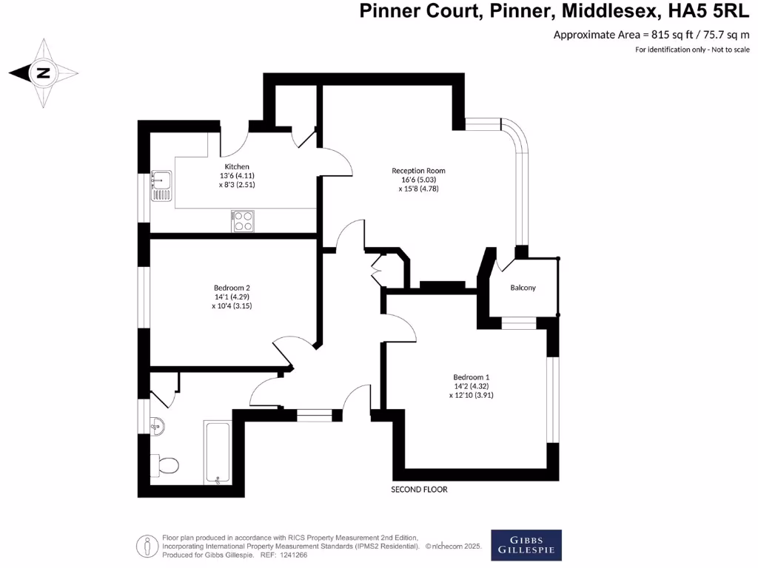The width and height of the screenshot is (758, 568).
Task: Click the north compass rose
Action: pos(44,72)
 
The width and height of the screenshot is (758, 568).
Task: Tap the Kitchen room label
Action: pos(237,167)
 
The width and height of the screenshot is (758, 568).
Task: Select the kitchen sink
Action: pos(161,186)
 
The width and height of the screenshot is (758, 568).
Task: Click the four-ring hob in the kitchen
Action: pos(244,221)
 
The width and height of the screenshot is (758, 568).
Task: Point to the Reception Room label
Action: pos(418,171)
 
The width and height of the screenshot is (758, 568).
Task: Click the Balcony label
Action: pos(523,288)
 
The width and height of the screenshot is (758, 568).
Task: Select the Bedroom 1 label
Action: pos(472,376)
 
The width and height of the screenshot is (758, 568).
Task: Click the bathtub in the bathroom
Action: pos(218,452)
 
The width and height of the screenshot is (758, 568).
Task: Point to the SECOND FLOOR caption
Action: pos(419,490)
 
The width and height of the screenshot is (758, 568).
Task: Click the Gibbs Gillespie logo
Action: pos(526,545)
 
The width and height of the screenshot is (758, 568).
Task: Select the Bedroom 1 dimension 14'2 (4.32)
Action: pos(472,386)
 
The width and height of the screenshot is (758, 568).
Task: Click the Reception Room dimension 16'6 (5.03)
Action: pos(418,180)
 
